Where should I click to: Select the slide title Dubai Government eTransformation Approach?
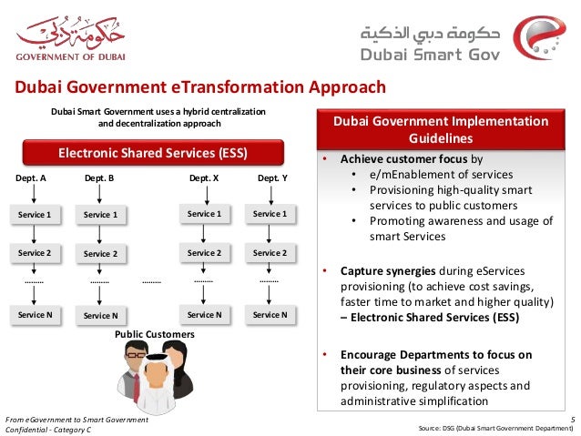199,87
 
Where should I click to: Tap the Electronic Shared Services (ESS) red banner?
153,150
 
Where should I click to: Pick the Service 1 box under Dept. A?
35,214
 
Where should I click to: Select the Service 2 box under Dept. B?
100,254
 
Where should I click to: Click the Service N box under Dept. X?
204,314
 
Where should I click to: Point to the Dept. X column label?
204,179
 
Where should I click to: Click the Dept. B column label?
98,179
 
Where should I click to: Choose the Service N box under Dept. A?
35,314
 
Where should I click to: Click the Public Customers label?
155,334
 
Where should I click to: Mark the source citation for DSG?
494,428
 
